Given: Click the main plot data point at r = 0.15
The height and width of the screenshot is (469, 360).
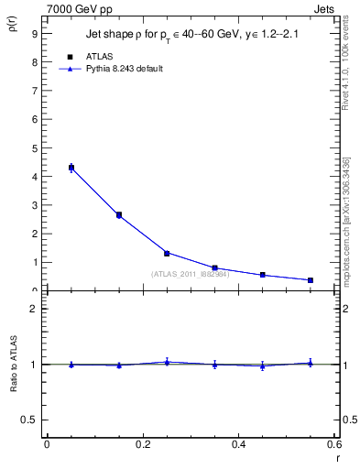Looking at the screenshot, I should (x=119, y=215).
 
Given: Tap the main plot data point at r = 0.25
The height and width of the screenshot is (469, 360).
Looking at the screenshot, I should (x=167, y=253).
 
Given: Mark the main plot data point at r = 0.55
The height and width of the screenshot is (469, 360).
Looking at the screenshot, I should (x=311, y=280).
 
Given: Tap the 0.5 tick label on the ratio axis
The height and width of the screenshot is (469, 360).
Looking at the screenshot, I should (x=28, y=420).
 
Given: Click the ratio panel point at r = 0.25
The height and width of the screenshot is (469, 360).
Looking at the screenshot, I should (x=167, y=362).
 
